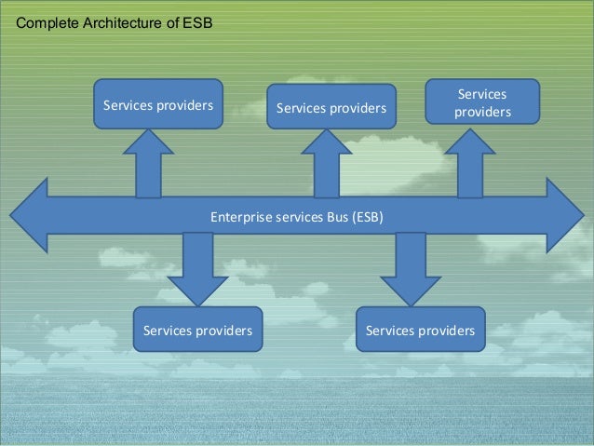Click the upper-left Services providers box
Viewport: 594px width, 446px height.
[157, 103]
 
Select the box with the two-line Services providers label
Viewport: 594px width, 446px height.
[482, 102]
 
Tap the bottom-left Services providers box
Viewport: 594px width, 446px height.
[197, 331]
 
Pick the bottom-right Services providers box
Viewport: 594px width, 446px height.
[421, 331]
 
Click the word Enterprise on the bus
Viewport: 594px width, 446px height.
[239, 217]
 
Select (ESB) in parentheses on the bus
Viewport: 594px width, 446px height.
[366, 217]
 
